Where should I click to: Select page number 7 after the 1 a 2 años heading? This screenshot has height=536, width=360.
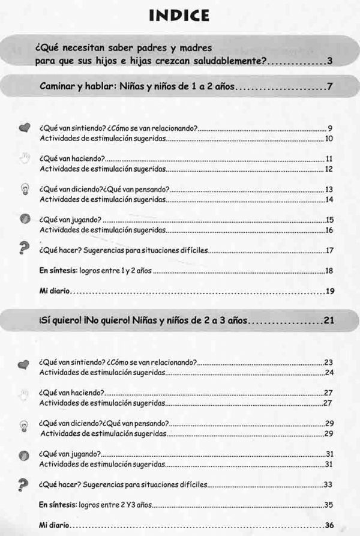(329, 89)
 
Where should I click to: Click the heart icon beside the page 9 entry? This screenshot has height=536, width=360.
(25, 128)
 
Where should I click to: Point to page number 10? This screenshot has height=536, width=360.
(329, 139)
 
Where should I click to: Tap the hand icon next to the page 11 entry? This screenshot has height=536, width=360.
(25, 158)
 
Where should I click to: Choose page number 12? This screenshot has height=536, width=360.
(329, 169)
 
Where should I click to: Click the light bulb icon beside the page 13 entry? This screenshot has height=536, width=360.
(25, 190)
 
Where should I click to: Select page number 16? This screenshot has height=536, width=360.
(329, 230)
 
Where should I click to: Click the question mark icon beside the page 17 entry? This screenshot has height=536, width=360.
(25, 248)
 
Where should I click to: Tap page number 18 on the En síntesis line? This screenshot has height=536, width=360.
(329, 271)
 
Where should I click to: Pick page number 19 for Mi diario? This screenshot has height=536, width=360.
(329, 292)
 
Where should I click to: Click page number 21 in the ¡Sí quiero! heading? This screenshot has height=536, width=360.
(328, 321)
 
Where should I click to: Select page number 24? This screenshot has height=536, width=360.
(329, 373)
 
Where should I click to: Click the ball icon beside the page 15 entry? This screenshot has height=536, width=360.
(25, 220)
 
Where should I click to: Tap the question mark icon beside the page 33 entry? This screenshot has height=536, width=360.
(25, 484)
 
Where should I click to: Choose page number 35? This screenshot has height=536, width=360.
(329, 505)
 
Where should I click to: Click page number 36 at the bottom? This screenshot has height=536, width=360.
(329, 525)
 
